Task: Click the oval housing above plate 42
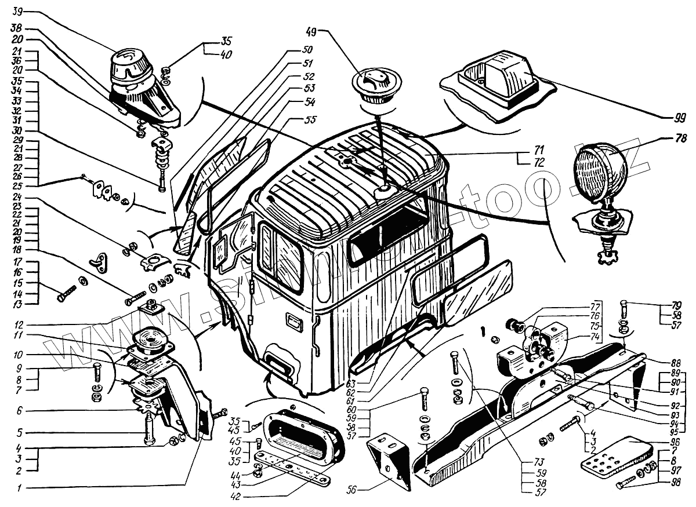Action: [302, 428]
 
